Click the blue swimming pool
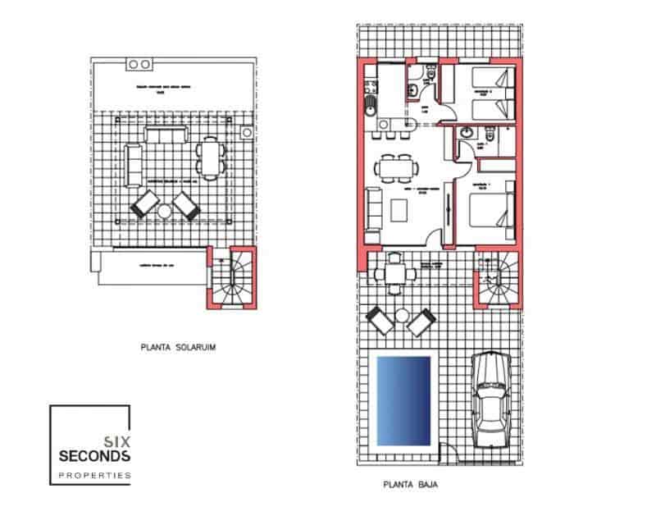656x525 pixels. pos(403,400)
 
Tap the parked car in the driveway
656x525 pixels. pos(490,398)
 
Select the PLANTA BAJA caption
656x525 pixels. pos(410,485)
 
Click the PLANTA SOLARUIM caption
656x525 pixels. pos(179,348)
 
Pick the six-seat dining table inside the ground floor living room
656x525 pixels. pos(398,167)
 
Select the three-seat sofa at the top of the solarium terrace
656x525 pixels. pos(163,135)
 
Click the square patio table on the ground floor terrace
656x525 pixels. pos(396,273)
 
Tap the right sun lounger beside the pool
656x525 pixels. pos(422,321)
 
